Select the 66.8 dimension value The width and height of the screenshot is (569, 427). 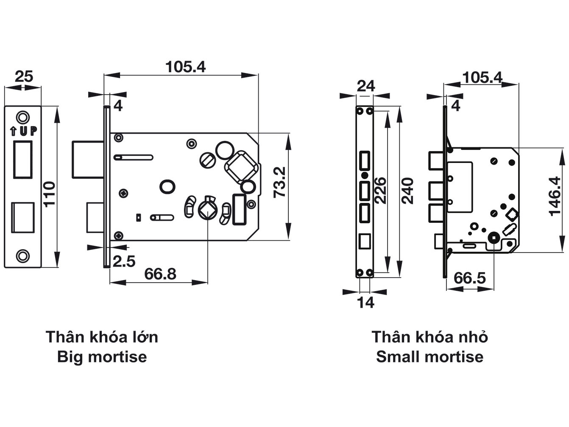coord(160,274)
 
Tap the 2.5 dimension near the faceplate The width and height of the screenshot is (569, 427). coord(124,261)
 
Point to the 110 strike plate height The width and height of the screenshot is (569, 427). coord(50,194)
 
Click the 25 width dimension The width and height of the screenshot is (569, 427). coord(24,77)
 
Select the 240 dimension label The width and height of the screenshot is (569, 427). coord(408,191)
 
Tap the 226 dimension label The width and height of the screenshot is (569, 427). coord(380,191)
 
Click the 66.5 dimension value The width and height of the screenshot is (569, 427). coord(469,278)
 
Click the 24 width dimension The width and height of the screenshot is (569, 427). coord(365,86)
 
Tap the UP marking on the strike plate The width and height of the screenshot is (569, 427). coord(23,131)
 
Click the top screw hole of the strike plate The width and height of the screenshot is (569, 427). coord(23,117)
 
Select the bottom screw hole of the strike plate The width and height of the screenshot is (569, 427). coord(23,255)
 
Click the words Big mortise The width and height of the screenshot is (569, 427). coord(102,357)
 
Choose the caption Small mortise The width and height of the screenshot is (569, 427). coord(430,357)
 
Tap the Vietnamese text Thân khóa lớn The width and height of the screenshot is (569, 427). coord(102,337)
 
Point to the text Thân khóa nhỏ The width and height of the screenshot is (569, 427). coord(430,337)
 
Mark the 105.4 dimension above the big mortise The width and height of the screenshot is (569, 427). coord(185,67)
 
